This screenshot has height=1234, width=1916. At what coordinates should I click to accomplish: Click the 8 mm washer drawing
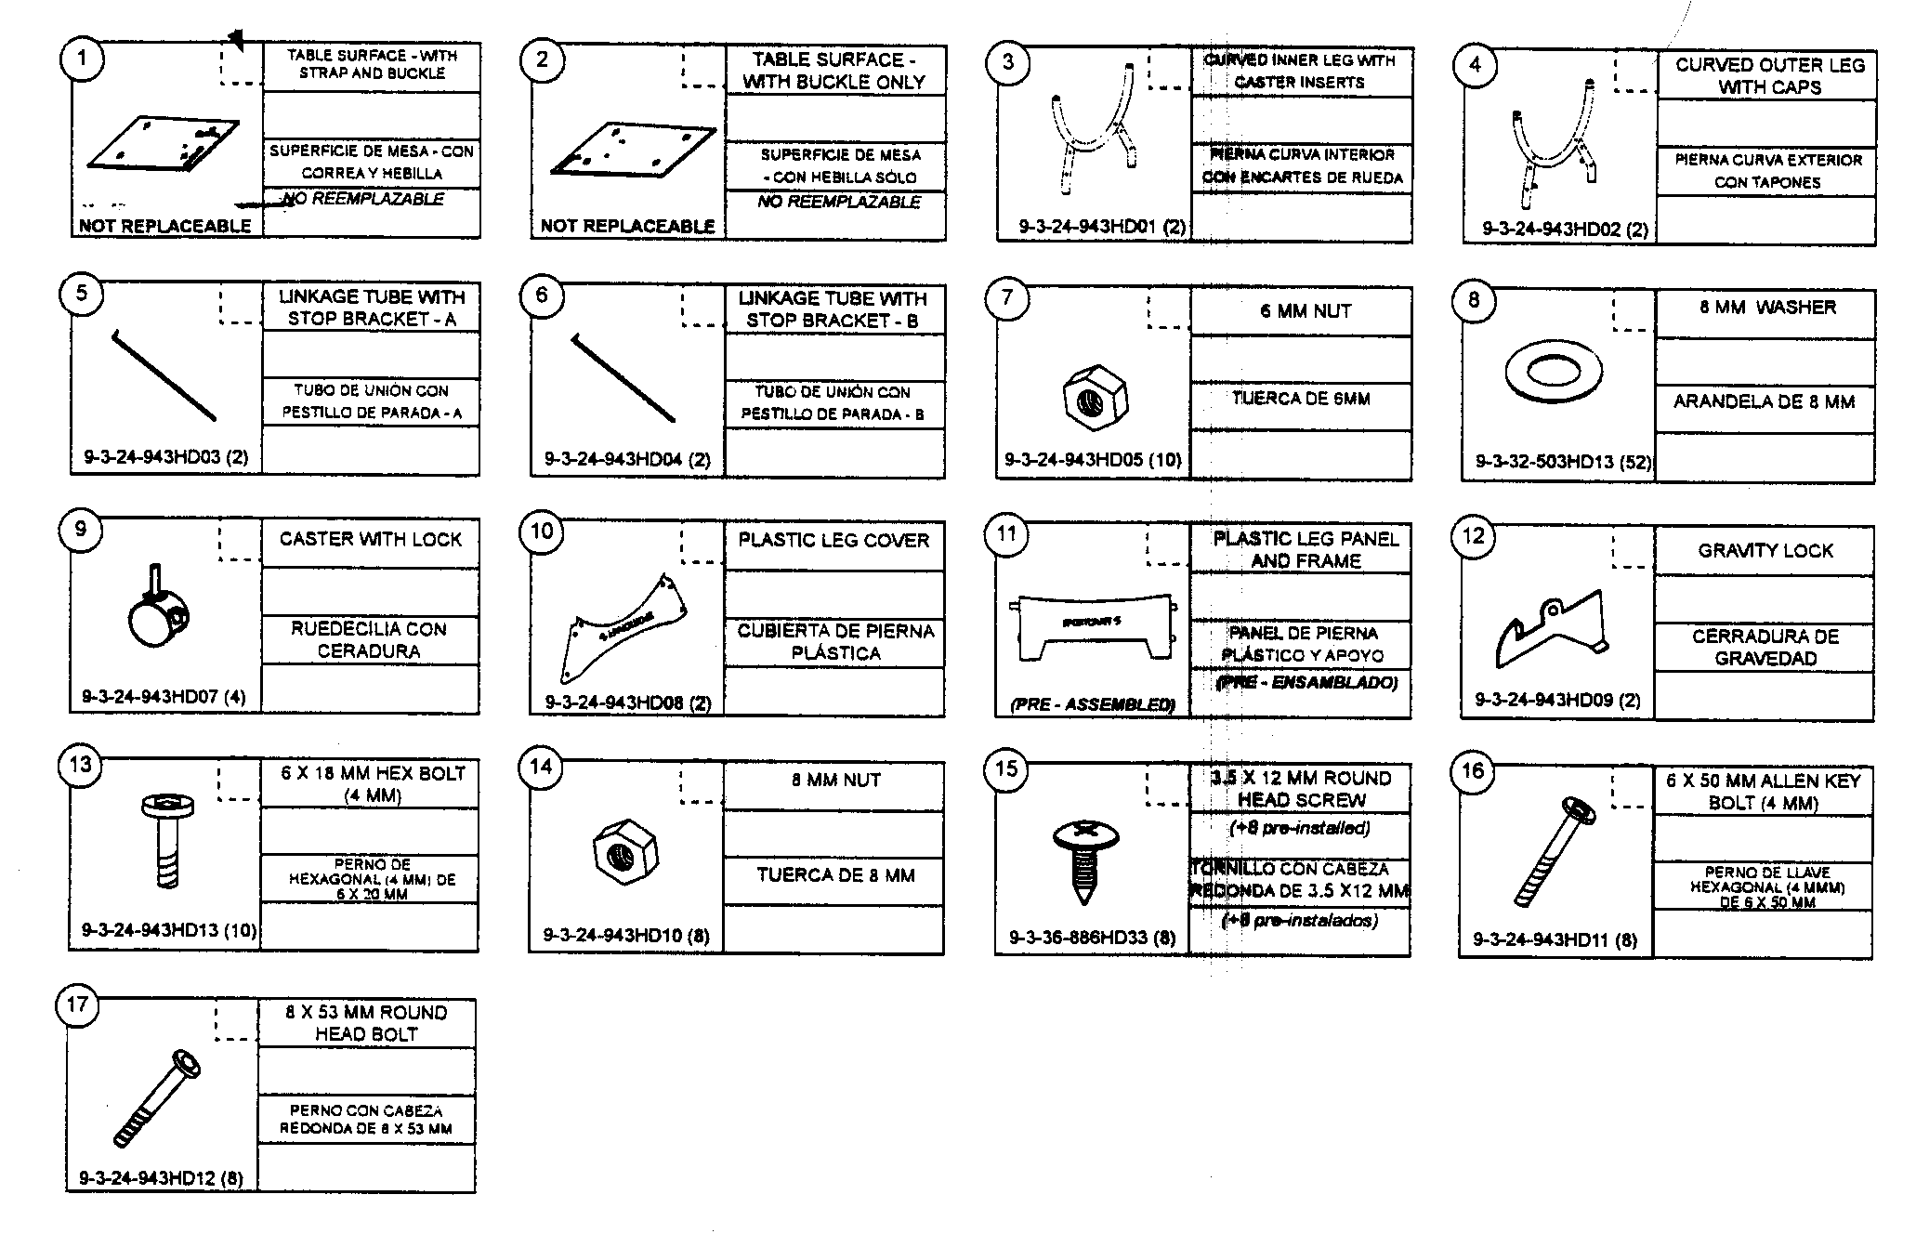pos(1553,372)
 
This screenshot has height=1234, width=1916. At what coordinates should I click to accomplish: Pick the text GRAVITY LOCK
pos(1765,551)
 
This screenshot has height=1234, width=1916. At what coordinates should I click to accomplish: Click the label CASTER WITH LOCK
pos(370,539)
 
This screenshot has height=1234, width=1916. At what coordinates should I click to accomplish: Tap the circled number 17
pos(78,1005)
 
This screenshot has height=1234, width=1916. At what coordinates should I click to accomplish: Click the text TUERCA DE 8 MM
pos(835,875)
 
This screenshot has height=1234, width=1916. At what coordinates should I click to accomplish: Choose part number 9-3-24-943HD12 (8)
pos(161,1178)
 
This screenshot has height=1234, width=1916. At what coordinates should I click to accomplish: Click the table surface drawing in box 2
pos(632,150)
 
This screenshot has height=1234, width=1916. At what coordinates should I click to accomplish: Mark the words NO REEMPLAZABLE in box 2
pos(838,202)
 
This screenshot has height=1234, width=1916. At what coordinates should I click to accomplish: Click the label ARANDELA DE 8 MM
pos(1764,402)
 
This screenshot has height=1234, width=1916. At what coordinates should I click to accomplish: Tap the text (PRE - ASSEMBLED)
pos(1092,704)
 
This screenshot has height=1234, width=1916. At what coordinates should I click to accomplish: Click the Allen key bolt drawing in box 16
pos(1553,850)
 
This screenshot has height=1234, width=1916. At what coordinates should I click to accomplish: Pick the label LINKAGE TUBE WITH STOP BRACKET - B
pos(833,309)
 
